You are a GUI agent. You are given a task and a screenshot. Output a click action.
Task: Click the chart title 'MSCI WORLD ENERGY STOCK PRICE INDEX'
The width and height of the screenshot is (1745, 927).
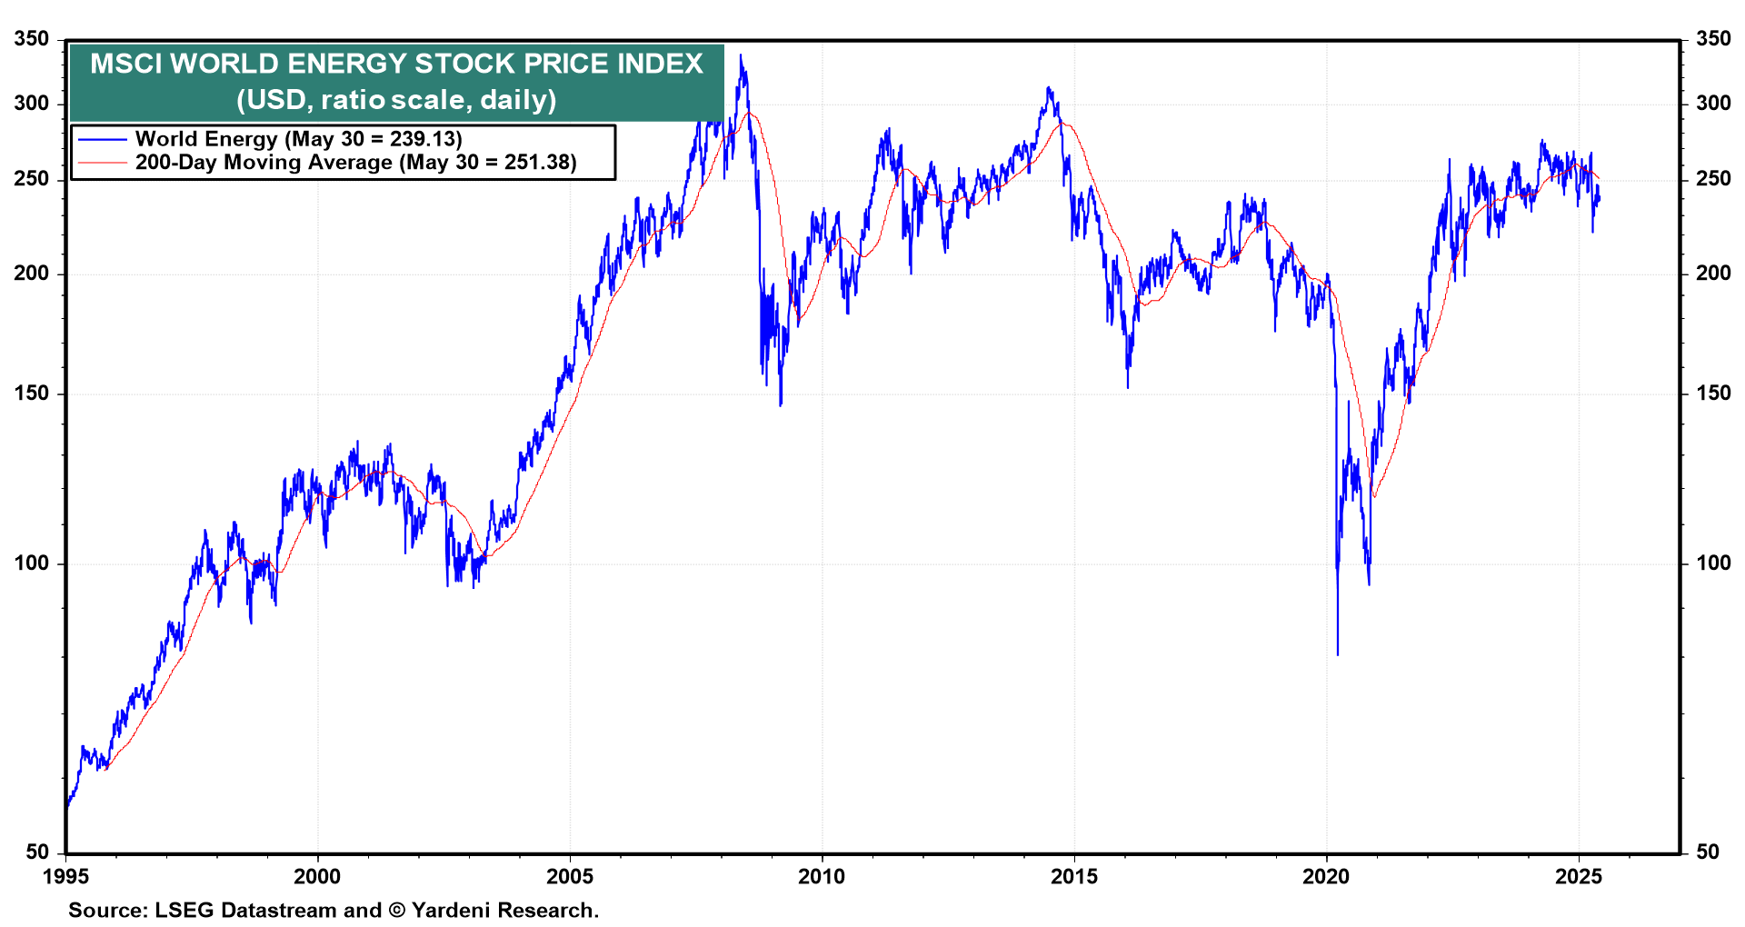[396, 64]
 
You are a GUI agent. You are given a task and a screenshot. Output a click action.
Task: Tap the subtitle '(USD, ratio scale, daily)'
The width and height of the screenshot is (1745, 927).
[396, 99]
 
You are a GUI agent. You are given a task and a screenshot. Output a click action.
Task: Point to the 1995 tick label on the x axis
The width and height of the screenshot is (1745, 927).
[65, 877]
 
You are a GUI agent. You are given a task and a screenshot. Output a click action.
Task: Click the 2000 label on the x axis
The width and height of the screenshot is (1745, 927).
[317, 877]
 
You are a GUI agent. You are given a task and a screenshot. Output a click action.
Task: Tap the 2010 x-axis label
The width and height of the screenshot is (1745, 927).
[822, 877]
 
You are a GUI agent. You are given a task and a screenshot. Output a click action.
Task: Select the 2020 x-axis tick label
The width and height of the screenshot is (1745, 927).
[1326, 877]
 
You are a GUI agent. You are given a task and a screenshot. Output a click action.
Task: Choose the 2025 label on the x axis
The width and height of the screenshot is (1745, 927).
[1579, 877]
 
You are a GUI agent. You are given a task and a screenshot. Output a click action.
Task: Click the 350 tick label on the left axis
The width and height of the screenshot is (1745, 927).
[32, 39]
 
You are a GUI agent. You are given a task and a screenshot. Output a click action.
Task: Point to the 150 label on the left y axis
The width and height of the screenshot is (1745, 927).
[32, 394]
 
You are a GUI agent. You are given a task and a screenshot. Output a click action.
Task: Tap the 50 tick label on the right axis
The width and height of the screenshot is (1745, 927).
[1708, 852]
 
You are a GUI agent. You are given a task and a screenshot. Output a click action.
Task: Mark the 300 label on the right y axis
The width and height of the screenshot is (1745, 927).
[1713, 104]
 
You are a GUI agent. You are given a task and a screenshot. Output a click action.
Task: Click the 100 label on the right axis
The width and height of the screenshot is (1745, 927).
[1713, 563]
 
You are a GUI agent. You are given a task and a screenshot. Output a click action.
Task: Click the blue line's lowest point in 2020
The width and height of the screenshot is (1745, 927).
[1338, 653]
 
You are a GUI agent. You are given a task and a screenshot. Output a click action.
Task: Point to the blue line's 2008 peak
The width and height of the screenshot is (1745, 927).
[742, 56]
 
